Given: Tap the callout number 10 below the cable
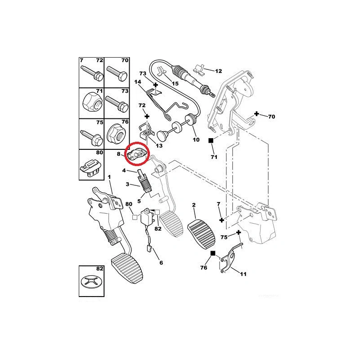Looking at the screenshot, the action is point(196,139).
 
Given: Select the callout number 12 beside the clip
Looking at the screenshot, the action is point(218,71).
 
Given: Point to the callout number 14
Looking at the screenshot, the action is point(138,82).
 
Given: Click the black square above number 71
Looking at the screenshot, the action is point(211,140).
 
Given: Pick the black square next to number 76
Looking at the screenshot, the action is point(213,253).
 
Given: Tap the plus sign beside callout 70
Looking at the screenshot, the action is point(256,114).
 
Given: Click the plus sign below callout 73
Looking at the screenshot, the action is point(155,85).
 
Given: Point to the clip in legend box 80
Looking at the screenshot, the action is point(90,169).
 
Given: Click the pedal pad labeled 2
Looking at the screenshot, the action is point(201,234).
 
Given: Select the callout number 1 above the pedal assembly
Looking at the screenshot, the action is point(109,177).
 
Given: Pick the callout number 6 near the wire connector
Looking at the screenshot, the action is point(161,263).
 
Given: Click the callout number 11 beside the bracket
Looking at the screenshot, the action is point(243,274).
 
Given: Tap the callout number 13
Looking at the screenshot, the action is point(159,145).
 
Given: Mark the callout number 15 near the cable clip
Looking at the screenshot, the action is point(175,83).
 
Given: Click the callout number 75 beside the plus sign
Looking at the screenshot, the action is point(224,237).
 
